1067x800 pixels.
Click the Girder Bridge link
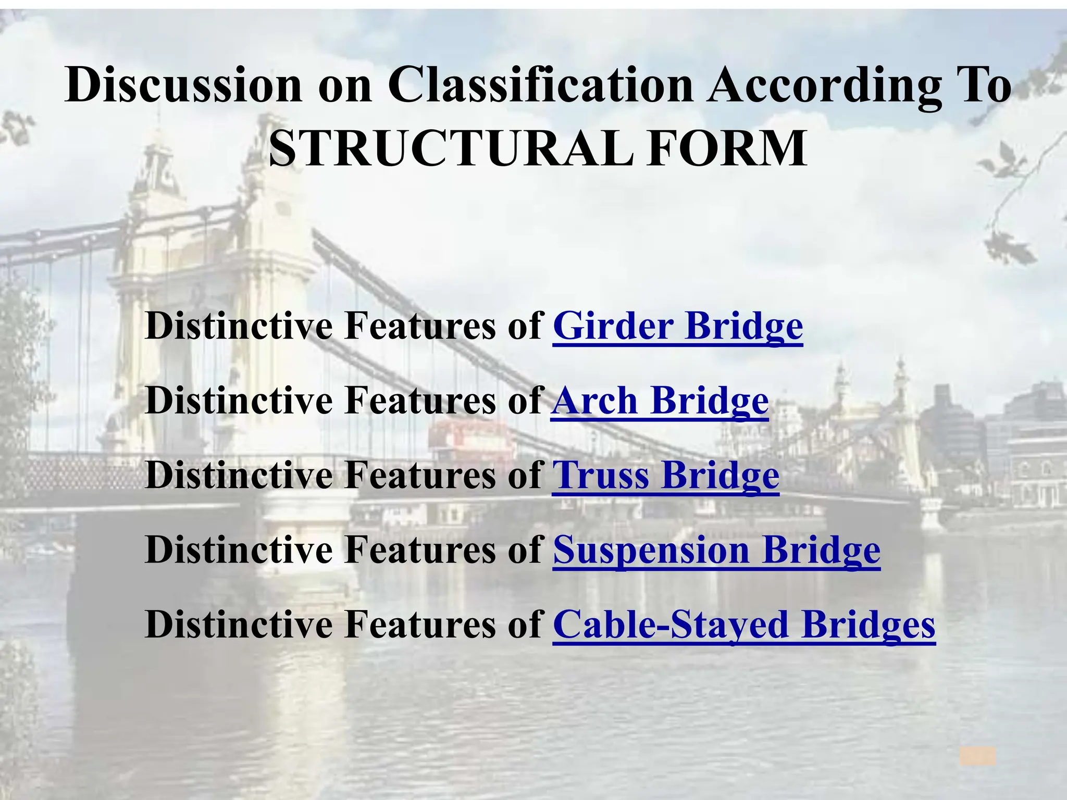point(677,327)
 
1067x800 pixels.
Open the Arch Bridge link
point(660,402)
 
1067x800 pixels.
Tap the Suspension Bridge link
point(716,551)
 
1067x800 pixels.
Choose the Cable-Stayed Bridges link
point(744,625)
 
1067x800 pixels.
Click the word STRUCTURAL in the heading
point(451,148)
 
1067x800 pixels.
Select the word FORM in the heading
point(727,148)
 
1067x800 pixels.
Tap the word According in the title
point(824,85)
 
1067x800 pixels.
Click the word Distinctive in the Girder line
point(239,327)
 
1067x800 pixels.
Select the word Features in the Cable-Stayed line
point(420,625)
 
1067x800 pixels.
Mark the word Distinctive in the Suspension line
point(239,551)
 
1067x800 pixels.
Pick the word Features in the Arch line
point(420,402)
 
